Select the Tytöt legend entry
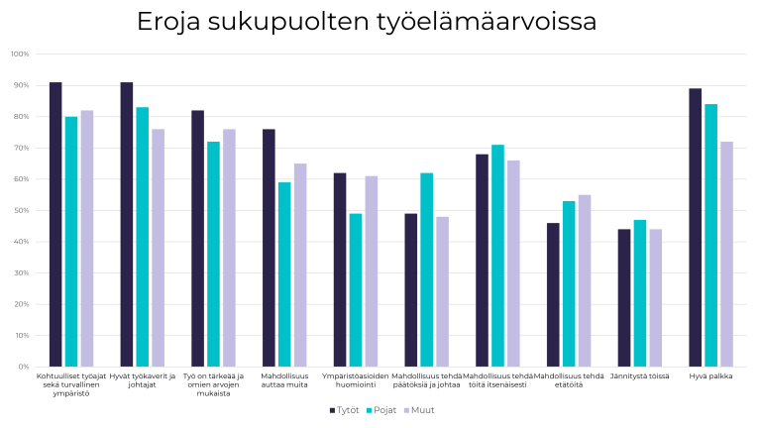pos(344,409)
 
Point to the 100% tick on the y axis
pos(19,53)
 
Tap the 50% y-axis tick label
pos(21,210)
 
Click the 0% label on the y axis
pos(23,367)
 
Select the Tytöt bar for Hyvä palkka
pos(695,228)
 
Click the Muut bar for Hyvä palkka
pos(726,254)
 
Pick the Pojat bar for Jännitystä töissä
pos(639,293)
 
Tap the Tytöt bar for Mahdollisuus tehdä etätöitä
pos(553,294)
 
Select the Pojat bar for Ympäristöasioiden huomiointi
pos(355,290)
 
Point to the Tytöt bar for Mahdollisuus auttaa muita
pos(269,248)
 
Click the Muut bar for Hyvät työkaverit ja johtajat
pos(158,248)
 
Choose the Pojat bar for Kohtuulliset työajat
pos(71,242)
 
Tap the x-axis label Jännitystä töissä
pos(639,376)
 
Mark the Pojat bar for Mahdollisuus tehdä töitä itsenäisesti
pos(497,256)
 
